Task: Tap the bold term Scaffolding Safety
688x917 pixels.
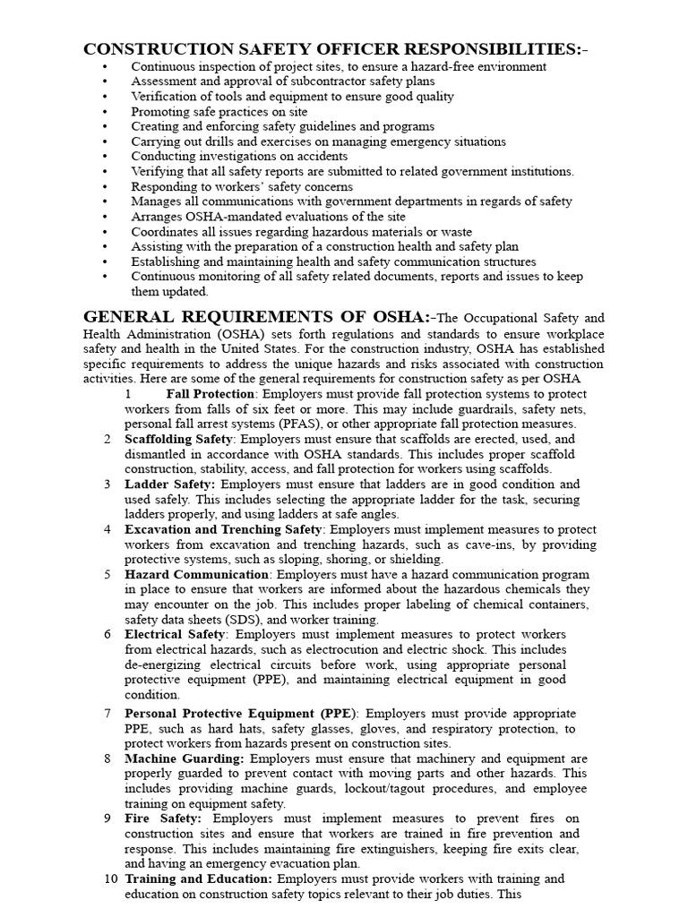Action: [178, 440]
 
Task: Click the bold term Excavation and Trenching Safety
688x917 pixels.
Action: [223, 529]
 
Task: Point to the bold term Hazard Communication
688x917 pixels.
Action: [196, 574]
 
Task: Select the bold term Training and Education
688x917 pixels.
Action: [198, 879]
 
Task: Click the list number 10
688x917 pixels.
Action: [111, 879]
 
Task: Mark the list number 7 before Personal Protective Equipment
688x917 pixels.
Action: [107, 714]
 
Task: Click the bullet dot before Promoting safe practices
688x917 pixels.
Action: [106, 112]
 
